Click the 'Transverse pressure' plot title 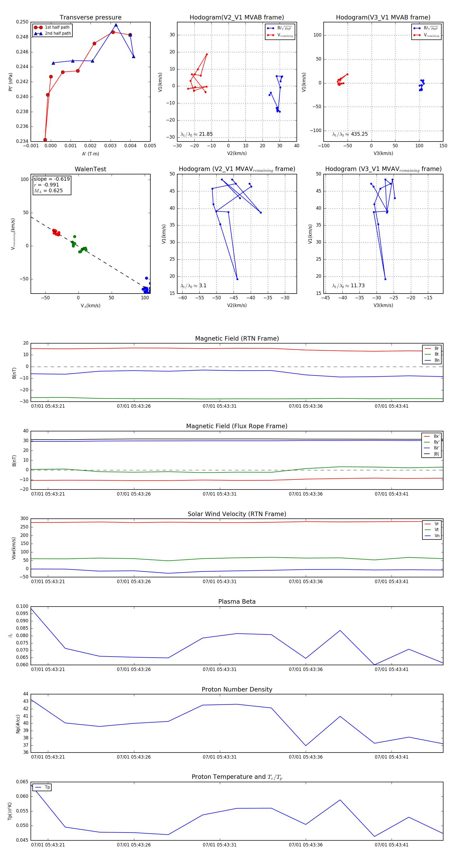tap(90, 18)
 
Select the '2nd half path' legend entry tap(58, 33)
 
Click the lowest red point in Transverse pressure tap(45, 140)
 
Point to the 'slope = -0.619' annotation tap(52, 179)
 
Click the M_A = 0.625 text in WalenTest tap(48, 191)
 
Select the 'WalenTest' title tap(90, 169)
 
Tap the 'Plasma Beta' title tap(237, 602)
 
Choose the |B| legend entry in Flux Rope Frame tap(436, 454)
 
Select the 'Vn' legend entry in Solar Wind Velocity tap(437, 536)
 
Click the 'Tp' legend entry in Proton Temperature tap(47, 787)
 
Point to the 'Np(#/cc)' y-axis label tap(18, 724)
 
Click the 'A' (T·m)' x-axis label tap(90, 154)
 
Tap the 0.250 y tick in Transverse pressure tap(22, 22)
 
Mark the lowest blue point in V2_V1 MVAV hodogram tap(237, 279)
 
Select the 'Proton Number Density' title tap(237, 689)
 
